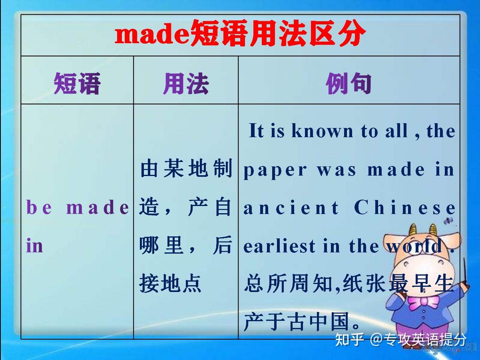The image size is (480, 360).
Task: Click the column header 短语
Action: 77,84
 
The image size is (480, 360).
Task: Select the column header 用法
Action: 186,84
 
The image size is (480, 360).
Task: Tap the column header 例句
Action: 349,84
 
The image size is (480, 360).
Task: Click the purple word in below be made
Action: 34,245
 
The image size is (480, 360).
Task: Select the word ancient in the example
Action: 291,208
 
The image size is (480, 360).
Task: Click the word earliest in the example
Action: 280,246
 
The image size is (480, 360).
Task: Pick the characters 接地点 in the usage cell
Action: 170,284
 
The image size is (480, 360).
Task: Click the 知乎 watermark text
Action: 349,340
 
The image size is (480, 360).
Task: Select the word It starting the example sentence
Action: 256,131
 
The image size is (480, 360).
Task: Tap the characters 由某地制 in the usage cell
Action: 186,170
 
